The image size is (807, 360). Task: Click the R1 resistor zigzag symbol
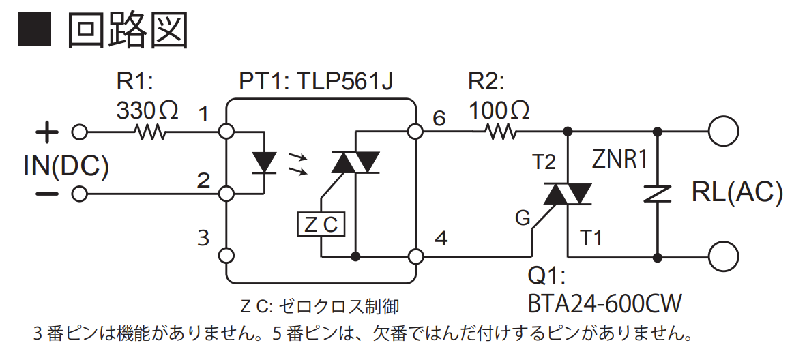pos(152,131)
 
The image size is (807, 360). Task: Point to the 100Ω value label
pos(499,109)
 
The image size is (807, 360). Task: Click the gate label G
pos(523,218)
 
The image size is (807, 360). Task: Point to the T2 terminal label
pos(544,162)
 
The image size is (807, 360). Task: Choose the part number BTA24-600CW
pos(605,303)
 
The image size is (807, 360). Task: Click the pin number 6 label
pos(439,119)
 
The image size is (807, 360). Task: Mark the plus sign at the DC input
pos(46,132)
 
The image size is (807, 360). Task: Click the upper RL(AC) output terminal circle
pos(723,131)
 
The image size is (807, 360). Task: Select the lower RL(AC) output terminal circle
pos(723,257)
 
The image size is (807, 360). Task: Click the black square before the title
pos(34,30)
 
